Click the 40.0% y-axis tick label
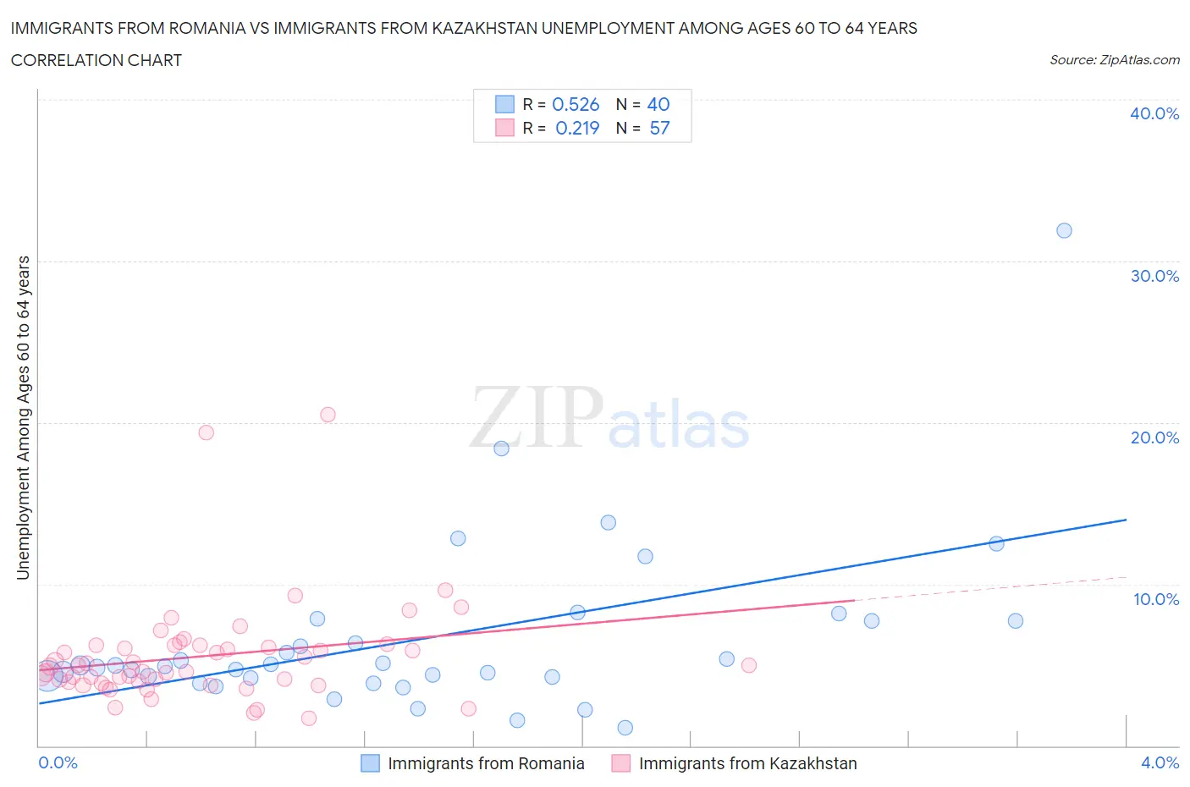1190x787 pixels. click(x=1154, y=113)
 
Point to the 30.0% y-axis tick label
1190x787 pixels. click(x=1154, y=276)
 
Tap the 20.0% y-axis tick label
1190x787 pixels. click(x=1154, y=438)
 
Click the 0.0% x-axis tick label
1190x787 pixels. click(x=58, y=762)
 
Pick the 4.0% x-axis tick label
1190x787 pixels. click(x=1160, y=762)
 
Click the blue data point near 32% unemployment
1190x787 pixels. click(x=1064, y=231)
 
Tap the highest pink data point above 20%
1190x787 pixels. click(x=328, y=415)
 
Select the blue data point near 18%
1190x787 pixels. click(x=501, y=449)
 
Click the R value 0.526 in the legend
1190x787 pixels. click(x=576, y=104)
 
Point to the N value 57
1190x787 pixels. click(x=659, y=128)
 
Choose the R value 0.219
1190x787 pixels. click(x=577, y=128)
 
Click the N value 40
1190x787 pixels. click(x=658, y=104)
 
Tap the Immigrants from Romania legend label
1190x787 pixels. click(x=486, y=763)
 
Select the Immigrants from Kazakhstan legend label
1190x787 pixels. click(x=747, y=763)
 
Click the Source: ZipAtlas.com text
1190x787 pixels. click(x=1114, y=59)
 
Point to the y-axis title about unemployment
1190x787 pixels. click(x=23, y=417)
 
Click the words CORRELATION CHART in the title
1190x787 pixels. click(x=96, y=60)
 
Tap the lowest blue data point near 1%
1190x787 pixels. click(x=625, y=728)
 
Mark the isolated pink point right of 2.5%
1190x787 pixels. click(x=748, y=665)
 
